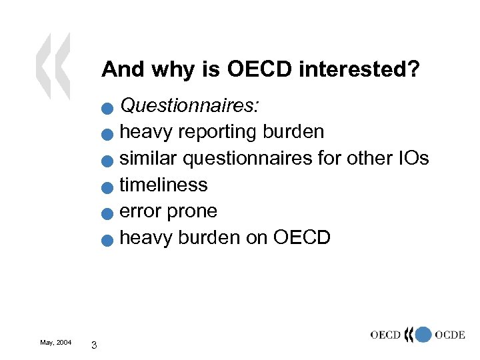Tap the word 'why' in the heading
tap(171, 69)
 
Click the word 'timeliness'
tap(163, 185)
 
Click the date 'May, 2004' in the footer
tap(56, 343)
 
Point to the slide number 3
tap(94, 345)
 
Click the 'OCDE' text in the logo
tap(449, 335)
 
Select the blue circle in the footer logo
tap(423, 335)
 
